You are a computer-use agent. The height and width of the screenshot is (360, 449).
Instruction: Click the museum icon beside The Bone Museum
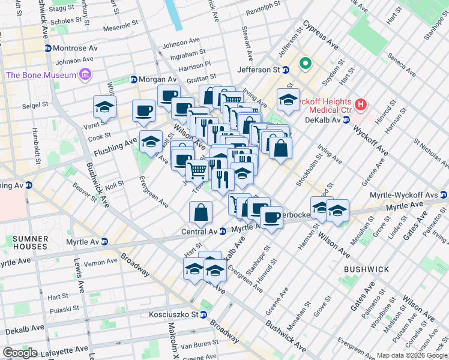point(85,75)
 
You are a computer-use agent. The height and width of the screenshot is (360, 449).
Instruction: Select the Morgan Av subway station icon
point(133,80)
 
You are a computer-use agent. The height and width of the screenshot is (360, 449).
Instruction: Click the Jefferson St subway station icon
point(286,70)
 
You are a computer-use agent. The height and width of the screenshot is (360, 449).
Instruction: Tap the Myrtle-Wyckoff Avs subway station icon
point(443,194)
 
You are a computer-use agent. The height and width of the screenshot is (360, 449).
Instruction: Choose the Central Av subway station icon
point(221,231)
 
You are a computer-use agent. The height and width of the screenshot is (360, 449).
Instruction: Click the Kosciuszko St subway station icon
point(203,314)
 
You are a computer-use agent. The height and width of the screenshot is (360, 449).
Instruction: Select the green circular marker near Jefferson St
point(305,63)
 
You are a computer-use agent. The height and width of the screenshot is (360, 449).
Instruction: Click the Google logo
point(20,353)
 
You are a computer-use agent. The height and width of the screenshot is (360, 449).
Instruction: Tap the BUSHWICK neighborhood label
point(364,270)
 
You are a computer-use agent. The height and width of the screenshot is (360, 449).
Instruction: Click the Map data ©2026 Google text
point(411,355)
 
